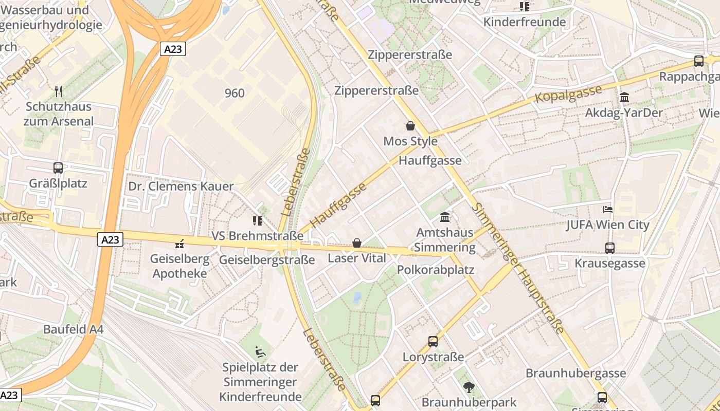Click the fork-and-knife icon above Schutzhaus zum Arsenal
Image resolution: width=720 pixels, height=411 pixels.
[59, 91]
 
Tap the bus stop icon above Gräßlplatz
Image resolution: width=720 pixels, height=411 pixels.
[58, 168]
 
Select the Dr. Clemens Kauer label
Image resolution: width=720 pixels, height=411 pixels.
[181, 186]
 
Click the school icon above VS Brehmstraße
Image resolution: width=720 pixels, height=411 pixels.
[258, 221]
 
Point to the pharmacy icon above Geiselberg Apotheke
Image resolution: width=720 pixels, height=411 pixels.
[179, 244]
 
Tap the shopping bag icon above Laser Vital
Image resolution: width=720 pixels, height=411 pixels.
[357, 243]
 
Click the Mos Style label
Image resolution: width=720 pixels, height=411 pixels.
[410, 141]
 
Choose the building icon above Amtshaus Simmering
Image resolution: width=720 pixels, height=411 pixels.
[445, 217]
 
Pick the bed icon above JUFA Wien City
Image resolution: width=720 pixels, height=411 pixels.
[608, 210]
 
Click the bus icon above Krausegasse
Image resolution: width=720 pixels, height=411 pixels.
[610, 248]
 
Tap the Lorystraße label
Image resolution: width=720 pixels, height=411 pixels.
[433, 357]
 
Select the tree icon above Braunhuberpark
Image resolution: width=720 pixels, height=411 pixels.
[469, 387]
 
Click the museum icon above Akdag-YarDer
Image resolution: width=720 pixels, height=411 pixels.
[624, 97]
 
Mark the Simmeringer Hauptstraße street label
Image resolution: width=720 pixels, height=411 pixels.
[519, 267]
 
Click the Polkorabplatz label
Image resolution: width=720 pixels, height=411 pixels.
[436, 270]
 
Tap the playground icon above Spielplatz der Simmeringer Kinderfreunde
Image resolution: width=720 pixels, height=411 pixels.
[261, 352]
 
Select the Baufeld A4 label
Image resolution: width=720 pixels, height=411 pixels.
[74, 329]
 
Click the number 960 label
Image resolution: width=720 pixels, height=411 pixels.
[235, 93]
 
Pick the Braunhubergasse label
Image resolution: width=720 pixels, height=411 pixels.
[575, 373]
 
